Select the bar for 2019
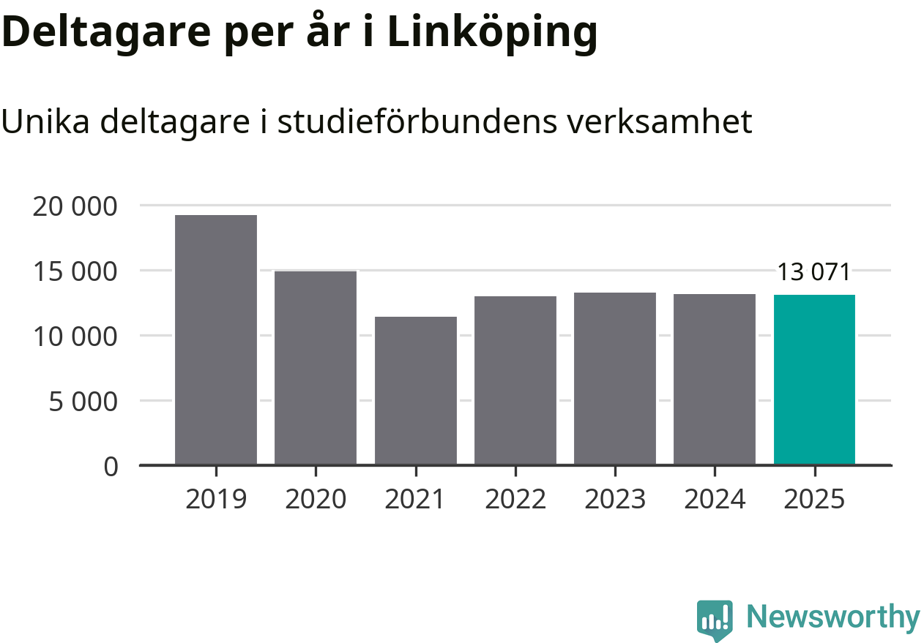pyautogui.click(x=216, y=339)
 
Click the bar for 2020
pyautogui.click(x=316, y=367)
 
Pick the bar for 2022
pyautogui.click(x=515, y=380)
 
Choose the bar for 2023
pyautogui.click(x=615, y=378)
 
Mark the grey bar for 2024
pyautogui.click(x=715, y=379)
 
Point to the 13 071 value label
pyautogui.click(x=813, y=273)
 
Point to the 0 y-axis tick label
pyautogui.click(x=111, y=467)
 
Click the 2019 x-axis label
pyautogui.click(x=216, y=500)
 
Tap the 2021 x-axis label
pyautogui.click(x=415, y=500)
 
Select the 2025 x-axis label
pyautogui.click(x=814, y=500)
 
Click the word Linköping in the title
pyautogui.click(x=492, y=33)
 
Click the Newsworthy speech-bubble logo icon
pyautogui.click(x=714, y=620)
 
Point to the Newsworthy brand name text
pyautogui.click(x=832, y=617)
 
